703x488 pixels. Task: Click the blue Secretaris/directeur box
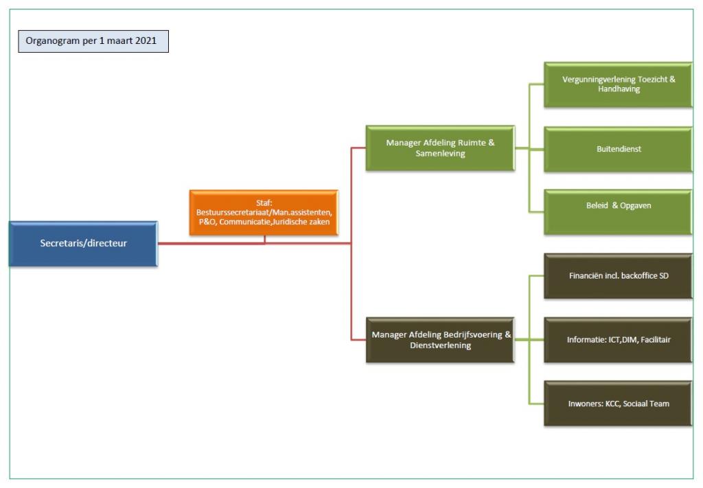click(x=83, y=244)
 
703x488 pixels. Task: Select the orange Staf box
click(x=264, y=212)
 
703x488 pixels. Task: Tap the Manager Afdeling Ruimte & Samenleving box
click(x=440, y=148)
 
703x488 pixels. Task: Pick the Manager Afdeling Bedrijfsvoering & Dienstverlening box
click(x=440, y=340)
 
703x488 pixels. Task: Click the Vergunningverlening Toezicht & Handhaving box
click(x=619, y=84)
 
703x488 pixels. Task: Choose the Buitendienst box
click(x=619, y=149)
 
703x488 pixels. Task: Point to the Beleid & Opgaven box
click(x=619, y=212)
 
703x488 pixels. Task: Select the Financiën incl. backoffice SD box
click(x=619, y=276)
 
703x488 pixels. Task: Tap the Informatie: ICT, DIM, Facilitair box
click(x=619, y=340)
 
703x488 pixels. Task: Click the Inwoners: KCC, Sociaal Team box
click(x=619, y=404)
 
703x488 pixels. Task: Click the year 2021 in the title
click(x=146, y=40)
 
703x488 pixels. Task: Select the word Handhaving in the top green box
click(x=619, y=89)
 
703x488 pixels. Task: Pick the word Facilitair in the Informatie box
click(x=656, y=340)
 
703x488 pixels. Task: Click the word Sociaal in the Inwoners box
click(x=635, y=404)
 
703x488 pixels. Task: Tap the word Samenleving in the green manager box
click(x=440, y=154)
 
